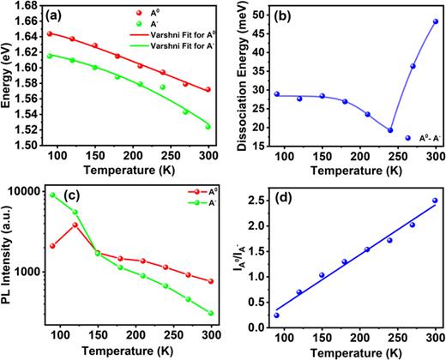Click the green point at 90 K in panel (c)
[x=53, y=195]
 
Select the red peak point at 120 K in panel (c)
[x=99, y=225]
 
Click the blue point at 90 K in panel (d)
[x=276, y=315]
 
